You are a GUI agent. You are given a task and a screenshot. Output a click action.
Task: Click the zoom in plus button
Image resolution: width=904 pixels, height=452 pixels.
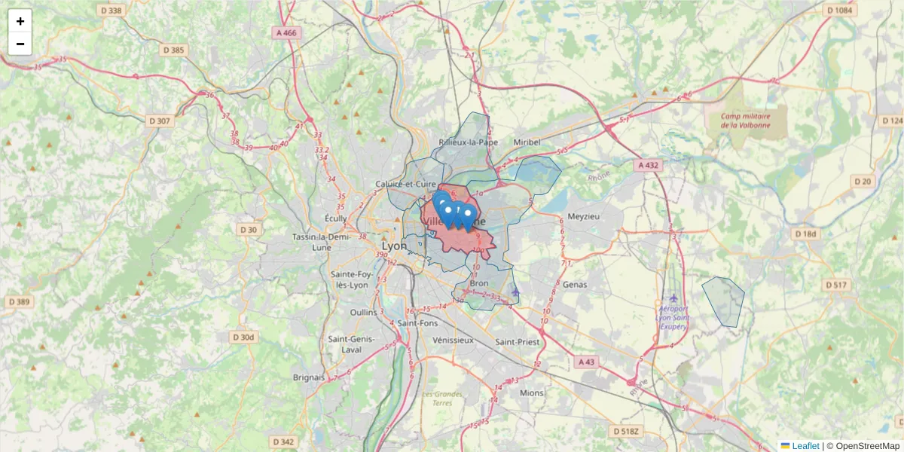coord(20,21)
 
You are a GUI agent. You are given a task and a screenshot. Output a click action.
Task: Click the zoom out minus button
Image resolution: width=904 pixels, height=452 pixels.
coord(20,44)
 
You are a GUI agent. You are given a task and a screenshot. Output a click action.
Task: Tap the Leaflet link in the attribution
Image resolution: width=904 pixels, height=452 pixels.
coord(805,446)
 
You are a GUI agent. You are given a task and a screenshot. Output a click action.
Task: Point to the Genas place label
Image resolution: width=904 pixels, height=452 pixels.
coord(574,285)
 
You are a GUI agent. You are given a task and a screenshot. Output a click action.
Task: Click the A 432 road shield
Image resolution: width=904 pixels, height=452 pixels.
coord(648,165)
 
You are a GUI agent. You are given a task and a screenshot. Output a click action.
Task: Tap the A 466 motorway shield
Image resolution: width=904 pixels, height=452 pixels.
coord(286,32)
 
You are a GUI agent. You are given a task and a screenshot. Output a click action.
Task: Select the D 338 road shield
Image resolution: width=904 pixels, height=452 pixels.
coord(111,11)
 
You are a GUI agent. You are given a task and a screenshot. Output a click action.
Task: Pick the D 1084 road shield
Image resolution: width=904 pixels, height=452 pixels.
coord(839,11)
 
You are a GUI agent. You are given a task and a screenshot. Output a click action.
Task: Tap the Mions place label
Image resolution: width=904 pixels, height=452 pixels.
coord(531,392)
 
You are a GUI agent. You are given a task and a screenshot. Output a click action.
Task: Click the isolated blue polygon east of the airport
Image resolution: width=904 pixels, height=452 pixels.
coord(723,301)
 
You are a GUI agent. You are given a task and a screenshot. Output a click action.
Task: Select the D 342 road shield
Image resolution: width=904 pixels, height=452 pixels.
coord(283,441)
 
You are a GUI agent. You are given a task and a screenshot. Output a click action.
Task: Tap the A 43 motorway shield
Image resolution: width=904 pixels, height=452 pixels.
coord(586,362)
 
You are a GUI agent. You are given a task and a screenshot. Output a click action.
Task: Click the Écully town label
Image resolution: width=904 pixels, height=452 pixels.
coord(335,218)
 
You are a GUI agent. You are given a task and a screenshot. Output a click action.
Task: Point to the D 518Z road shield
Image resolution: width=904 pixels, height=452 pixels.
coord(626,431)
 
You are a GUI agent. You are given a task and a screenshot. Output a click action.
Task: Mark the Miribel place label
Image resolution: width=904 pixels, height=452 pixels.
coord(527,142)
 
